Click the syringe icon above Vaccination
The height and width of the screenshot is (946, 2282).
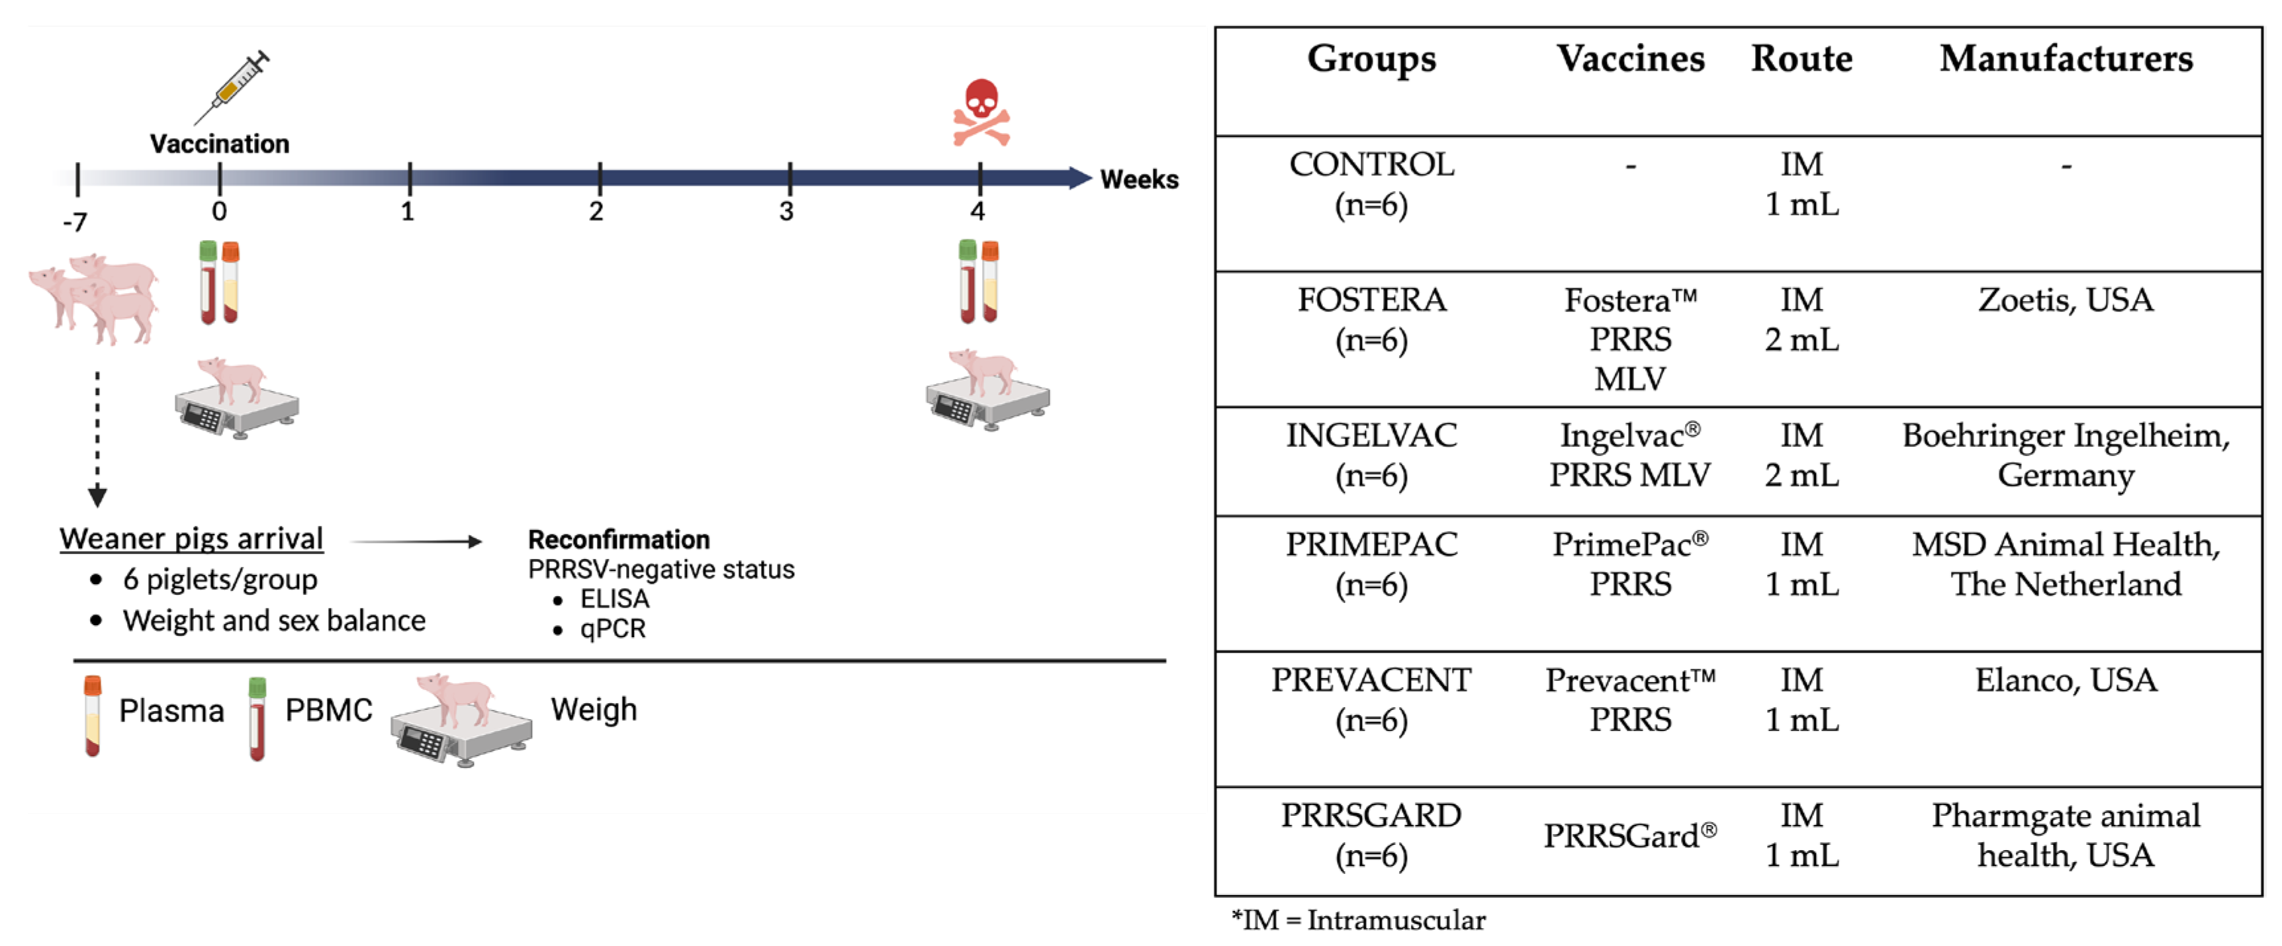pos(232,87)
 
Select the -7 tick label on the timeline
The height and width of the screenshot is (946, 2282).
pos(75,222)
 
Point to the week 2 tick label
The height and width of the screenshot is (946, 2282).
pos(597,212)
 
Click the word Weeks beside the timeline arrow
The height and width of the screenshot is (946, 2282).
pos(1139,180)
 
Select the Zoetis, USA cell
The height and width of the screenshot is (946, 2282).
pos(2066,300)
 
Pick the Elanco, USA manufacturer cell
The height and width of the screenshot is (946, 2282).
pos(2066,680)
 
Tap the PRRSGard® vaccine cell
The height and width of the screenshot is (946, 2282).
pos(1630,836)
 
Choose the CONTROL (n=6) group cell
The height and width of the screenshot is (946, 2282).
pos(1371,185)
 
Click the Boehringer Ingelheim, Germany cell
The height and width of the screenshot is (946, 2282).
pos(2066,455)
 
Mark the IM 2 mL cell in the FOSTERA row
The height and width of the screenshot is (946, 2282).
pos(1802,320)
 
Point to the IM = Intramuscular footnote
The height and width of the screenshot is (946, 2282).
pos(1359,920)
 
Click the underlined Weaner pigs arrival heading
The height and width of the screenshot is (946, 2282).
pos(191,538)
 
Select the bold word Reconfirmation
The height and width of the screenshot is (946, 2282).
pos(618,539)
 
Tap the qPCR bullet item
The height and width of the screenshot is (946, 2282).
pos(612,629)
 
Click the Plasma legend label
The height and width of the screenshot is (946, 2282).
pos(171,710)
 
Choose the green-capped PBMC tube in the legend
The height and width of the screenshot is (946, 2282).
pos(257,718)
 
